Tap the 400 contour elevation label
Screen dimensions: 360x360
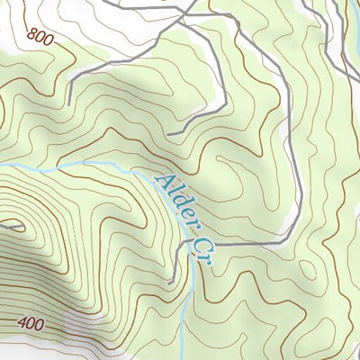[x=30, y=322]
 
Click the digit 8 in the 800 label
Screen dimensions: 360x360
[x=32, y=35]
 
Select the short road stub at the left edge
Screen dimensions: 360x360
[x=7, y=228]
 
